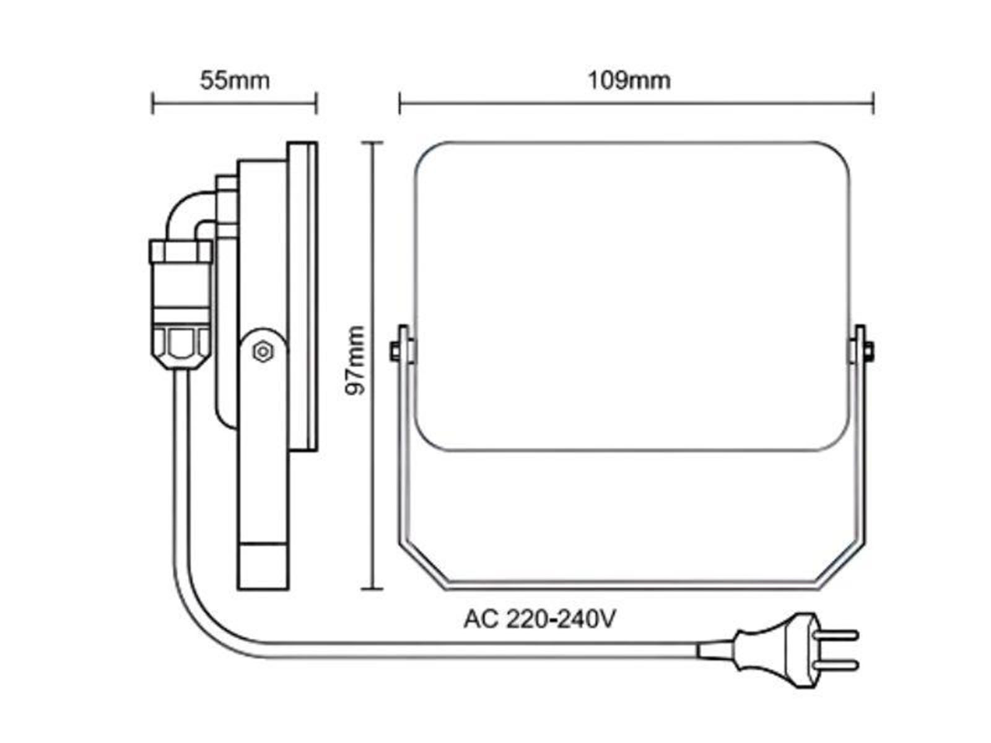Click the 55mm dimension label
click(234, 80)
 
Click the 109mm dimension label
click(629, 80)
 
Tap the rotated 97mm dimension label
click(355, 360)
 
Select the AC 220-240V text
click(539, 619)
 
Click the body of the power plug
click(777, 650)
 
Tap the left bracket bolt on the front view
click(395, 352)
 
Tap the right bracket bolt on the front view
click(870, 352)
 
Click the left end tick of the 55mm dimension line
click(152, 103)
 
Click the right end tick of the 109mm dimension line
click(873, 103)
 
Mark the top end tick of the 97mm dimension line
click(372, 142)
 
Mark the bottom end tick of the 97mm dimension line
click(372, 589)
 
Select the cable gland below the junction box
click(181, 348)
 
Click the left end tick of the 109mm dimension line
click(399, 103)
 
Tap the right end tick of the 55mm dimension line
click(317, 103)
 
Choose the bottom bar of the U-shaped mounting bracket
click(632, 586)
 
